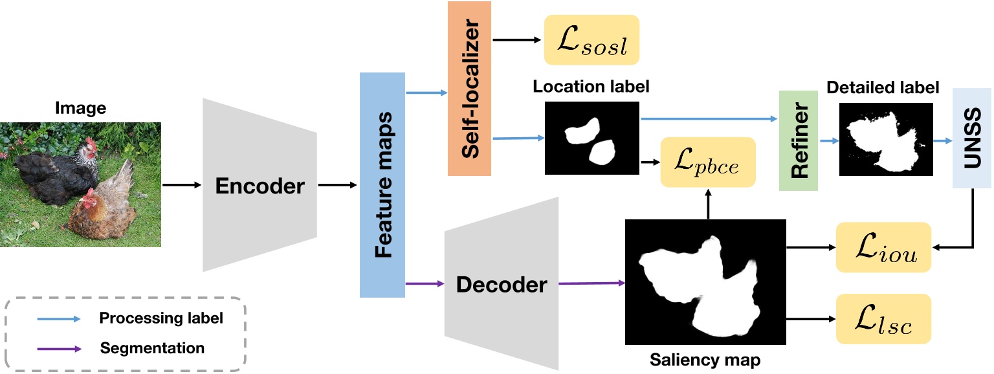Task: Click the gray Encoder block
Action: click(260, 186)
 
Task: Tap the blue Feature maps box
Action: click(382, 184)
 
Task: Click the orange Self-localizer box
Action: click(469, 89)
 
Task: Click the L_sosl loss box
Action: click(591, 40)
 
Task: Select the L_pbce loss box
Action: click(707, 162)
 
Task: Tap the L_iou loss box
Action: click(883, 247)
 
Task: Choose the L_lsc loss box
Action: click(883, 319)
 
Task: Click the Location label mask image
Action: click(591, 138)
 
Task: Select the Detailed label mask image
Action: click(886, 138)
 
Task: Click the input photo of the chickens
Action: click(80, 186)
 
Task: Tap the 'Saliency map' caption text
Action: click(705, 358)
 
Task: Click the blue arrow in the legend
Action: click(58, 318)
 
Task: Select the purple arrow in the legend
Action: click(58, 348)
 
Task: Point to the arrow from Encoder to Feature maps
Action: click(337, 186)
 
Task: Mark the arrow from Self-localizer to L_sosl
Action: click(516, 40)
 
